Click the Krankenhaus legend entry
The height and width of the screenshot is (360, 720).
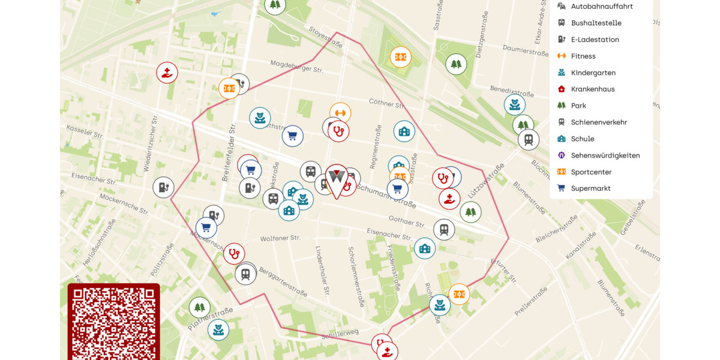point(592,89)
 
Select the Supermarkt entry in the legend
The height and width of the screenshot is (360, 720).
point(590,188)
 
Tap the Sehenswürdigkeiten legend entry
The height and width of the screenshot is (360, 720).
point(605,155)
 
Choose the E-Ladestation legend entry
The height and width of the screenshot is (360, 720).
point(595,40)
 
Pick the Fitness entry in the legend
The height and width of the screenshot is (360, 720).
point(583,56)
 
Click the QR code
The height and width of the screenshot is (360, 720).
point(113,322)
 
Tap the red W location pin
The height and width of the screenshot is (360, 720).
point(337,179)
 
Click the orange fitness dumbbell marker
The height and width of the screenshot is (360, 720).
point(340,113)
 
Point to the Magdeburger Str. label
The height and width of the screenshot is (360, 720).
point(296,67)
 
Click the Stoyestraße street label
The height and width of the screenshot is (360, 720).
point(326,37)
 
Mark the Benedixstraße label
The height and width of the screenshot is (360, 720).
point(512,91)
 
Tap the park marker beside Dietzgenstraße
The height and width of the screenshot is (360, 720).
point(456,64)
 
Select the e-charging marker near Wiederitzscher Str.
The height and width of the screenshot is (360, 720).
point(163,187)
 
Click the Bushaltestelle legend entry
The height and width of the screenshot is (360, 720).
point(595,23)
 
